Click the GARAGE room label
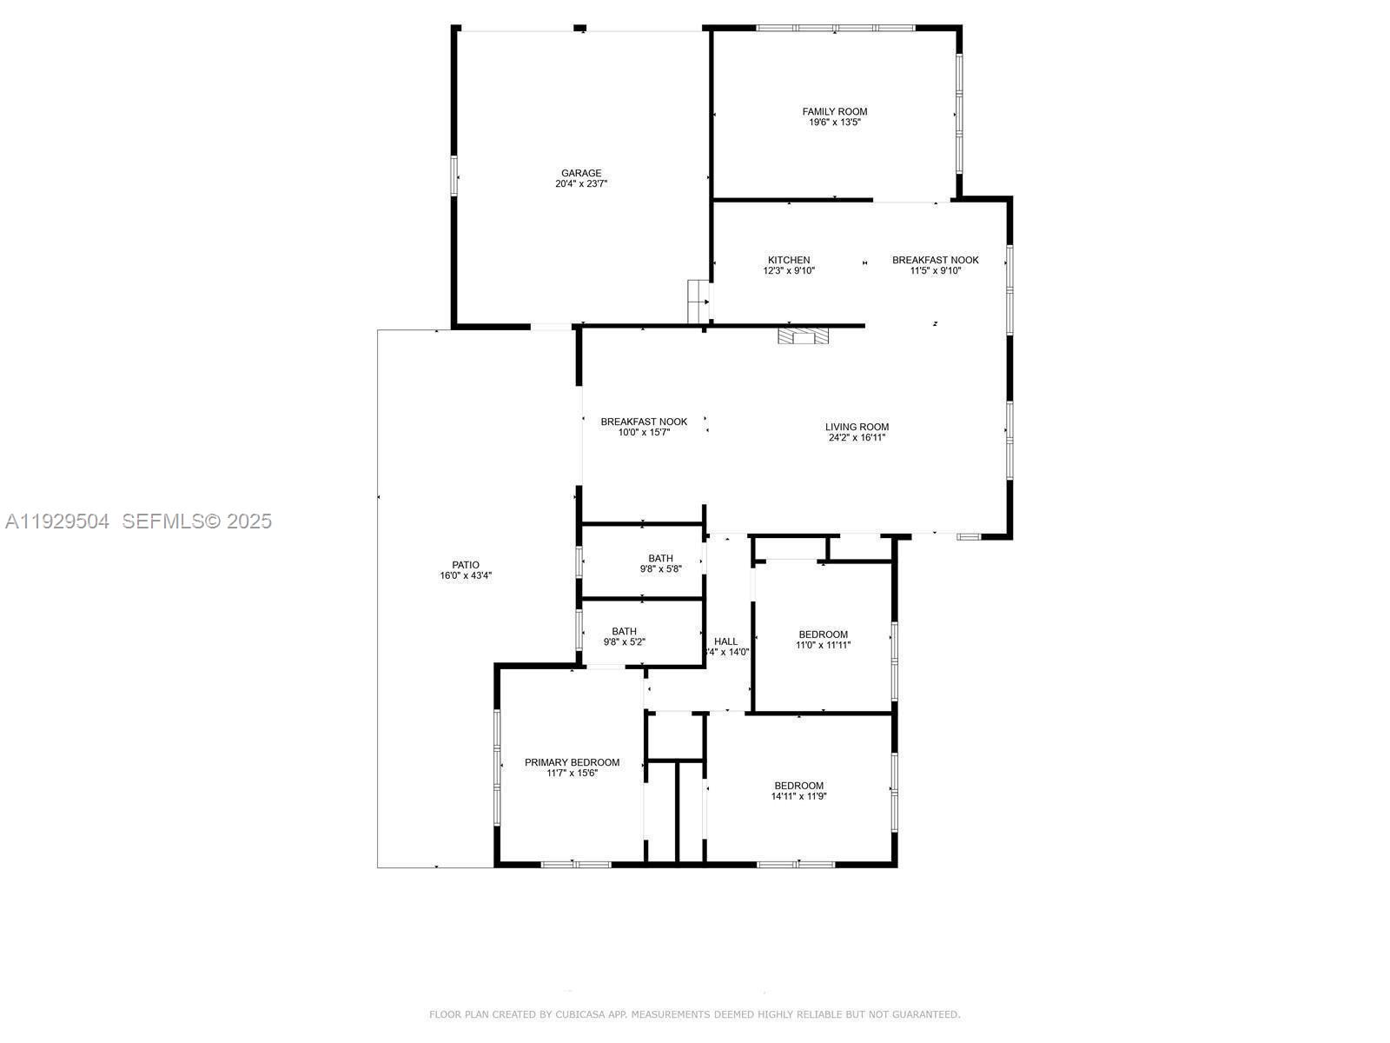point(581,173)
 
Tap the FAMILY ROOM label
point(834,111)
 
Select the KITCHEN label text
point(789,260)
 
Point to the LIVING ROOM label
point(857,427)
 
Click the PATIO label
point(466,565)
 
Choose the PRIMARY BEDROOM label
point(572,762)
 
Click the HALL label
point(726,641)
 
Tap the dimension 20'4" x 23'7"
point(581,184)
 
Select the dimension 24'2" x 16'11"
point(857,438)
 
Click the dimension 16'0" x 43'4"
point(466,575)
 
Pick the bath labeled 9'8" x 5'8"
point(660,563)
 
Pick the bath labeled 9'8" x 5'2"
point(624,636)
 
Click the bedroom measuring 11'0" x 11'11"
point(823,639)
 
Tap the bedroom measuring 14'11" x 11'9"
point(798,790)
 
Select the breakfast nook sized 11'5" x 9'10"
point(935,265)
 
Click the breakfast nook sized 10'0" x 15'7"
point(644,427)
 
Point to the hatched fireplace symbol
point(804,336)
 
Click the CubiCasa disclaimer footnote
point(695,1014)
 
